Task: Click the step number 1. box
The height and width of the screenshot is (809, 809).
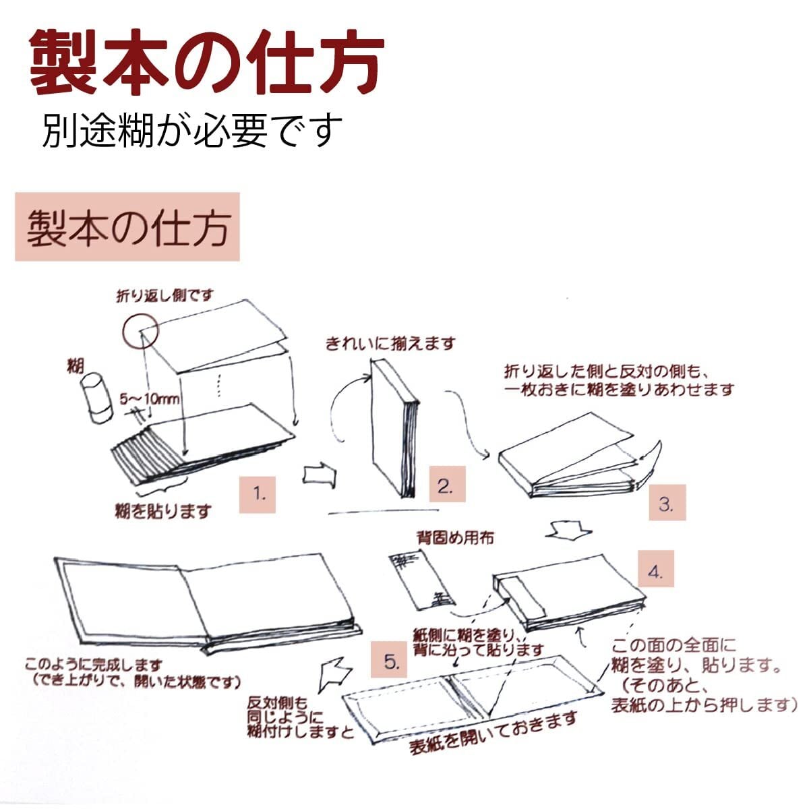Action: (x=260, y=494)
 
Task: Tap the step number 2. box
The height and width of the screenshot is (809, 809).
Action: (x=446, y=485)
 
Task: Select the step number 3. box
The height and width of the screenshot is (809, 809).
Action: (x=666, y=503)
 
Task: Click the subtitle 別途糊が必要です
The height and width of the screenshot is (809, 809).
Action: (x=193, y=129)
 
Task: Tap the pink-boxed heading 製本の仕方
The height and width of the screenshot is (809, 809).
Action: (x=127, y=227)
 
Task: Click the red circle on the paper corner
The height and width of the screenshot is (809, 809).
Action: (x=140, y=330)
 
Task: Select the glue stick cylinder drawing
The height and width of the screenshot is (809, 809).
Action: (x=95, y=400)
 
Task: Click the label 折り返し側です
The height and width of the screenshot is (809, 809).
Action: (x=164, y=296)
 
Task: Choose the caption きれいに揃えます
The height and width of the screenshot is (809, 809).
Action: (x=390, y=344)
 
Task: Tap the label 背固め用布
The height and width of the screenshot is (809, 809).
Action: (x=455, y=537)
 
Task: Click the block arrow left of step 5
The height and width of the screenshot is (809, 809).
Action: (x=338, y=674)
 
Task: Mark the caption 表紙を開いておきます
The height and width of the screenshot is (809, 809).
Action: (x=493, y=733)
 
